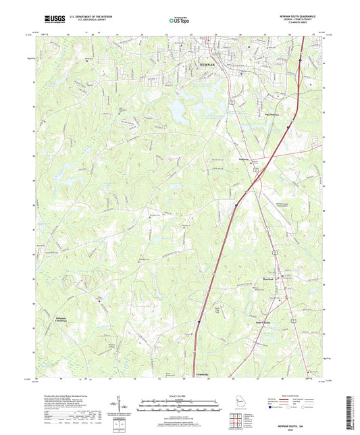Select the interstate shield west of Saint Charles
pos(198,322)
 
